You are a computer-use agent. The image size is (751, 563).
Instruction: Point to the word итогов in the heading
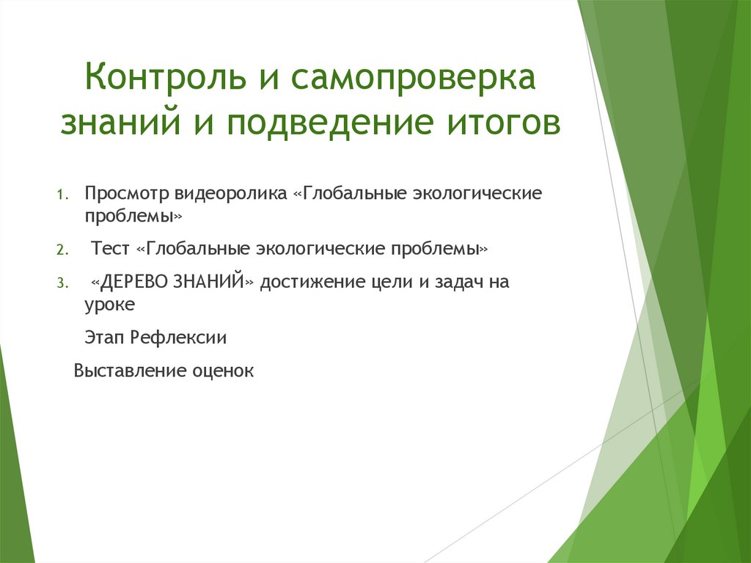[x=499, y=123]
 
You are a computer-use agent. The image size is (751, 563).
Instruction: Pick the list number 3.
[x=62, y=283]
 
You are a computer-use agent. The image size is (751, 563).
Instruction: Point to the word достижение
[x=314, y=282]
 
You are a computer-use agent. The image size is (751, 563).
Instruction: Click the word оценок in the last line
[x=222, y=371]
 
